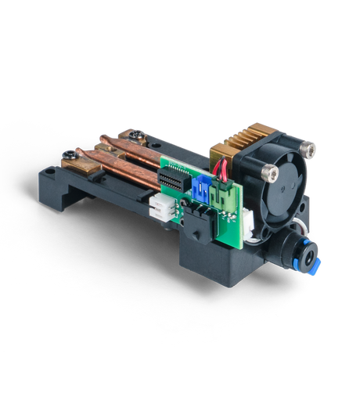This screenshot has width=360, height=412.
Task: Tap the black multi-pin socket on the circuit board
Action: [173, 183]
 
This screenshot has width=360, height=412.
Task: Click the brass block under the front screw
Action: [79, 161]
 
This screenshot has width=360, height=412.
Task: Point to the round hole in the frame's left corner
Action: [51, 168]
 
